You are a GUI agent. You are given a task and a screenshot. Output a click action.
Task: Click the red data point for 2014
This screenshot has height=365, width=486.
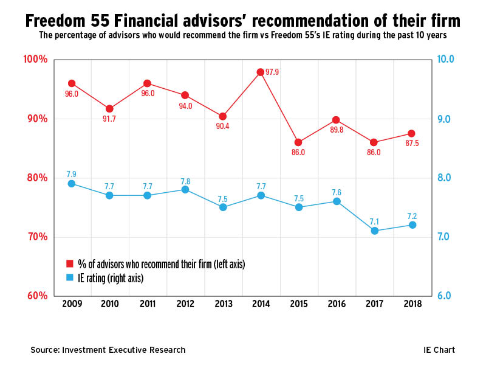(261, 72)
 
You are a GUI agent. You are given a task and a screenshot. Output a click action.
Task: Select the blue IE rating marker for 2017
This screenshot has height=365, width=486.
(374, 231)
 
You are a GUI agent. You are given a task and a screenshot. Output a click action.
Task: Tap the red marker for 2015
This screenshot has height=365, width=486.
(298, 142)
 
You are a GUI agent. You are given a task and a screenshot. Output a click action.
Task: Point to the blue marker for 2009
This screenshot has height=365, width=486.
(72, 184)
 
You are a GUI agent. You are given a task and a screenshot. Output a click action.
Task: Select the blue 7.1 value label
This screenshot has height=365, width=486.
(375, 220)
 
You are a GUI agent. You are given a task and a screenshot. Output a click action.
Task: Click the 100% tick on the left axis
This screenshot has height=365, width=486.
(35, 60)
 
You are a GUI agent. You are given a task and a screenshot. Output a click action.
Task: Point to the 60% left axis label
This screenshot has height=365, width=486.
(36, 296)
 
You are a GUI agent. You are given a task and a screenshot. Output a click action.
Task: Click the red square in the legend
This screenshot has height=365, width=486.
(69, 263)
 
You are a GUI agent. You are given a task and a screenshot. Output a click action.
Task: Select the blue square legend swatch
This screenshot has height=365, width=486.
(69, 277)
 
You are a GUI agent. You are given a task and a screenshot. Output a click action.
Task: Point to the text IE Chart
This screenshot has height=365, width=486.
(439, 350)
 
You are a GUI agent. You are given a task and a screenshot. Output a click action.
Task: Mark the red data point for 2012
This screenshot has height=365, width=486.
(185, 95)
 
